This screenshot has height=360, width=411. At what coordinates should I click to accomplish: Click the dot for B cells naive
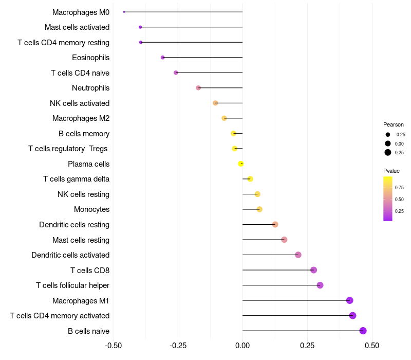click(363, 331)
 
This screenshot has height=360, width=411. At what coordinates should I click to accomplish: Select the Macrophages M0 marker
click(124, 12)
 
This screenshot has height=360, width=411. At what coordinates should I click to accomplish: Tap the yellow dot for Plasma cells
click(240, 164)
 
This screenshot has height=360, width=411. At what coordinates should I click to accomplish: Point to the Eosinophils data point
click(163, 58)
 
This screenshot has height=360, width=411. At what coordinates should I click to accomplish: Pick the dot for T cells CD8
click(313, 270)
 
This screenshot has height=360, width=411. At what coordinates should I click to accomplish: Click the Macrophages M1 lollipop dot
click(350, 300)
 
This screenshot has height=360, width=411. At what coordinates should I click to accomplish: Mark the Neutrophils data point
click(198, 88)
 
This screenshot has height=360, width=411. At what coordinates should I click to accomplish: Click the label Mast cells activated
click(77, 27)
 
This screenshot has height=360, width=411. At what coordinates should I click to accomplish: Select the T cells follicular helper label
click(72, 285)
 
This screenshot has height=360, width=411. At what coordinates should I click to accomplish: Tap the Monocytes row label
click(91, 209)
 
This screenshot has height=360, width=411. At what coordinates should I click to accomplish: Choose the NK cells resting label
click(83, 194)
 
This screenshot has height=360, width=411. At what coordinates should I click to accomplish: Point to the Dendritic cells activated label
click(70, 255)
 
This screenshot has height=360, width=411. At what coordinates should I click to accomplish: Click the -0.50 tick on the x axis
click(114, 346)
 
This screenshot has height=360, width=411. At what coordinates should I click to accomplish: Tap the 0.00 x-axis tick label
click(242, 346)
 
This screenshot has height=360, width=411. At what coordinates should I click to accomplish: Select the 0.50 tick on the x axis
click(371, 346)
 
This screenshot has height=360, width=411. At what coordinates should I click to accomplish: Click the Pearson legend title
click(394, 124)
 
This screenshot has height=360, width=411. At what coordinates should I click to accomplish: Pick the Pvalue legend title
click(391, 171)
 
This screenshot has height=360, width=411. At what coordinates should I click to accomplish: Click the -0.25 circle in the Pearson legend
click(387, 135)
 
